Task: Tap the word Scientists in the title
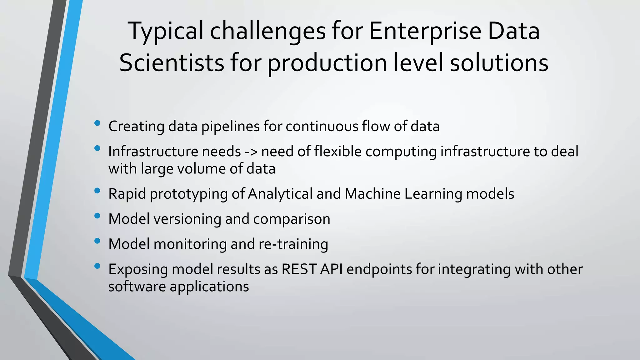click(x=172, y=63)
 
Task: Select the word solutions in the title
click(x=499, y=63)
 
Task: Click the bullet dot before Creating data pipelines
click(x=97, y=123)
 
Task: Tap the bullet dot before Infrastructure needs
click(x=97, y=148)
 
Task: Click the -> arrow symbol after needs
click(x=251, y=152)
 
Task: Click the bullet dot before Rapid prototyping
click(x=97, y=191)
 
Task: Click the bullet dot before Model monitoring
click(x=97, y=241)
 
